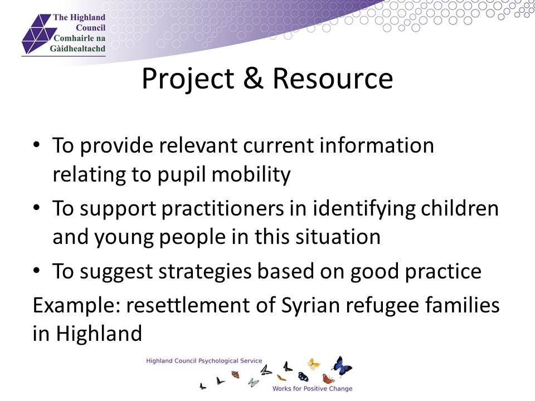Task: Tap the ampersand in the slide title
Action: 253,79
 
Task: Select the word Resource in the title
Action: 333,79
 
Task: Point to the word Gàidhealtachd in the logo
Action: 77,48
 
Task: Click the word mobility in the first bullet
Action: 251,175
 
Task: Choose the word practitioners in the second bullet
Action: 222,209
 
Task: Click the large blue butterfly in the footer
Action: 342,366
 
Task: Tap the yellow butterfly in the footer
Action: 313,364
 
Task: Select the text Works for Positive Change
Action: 312,388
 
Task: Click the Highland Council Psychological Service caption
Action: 204,361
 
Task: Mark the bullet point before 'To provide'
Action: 37,145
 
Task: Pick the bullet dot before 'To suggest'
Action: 37,271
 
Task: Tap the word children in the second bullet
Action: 460,208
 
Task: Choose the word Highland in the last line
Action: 99,333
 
